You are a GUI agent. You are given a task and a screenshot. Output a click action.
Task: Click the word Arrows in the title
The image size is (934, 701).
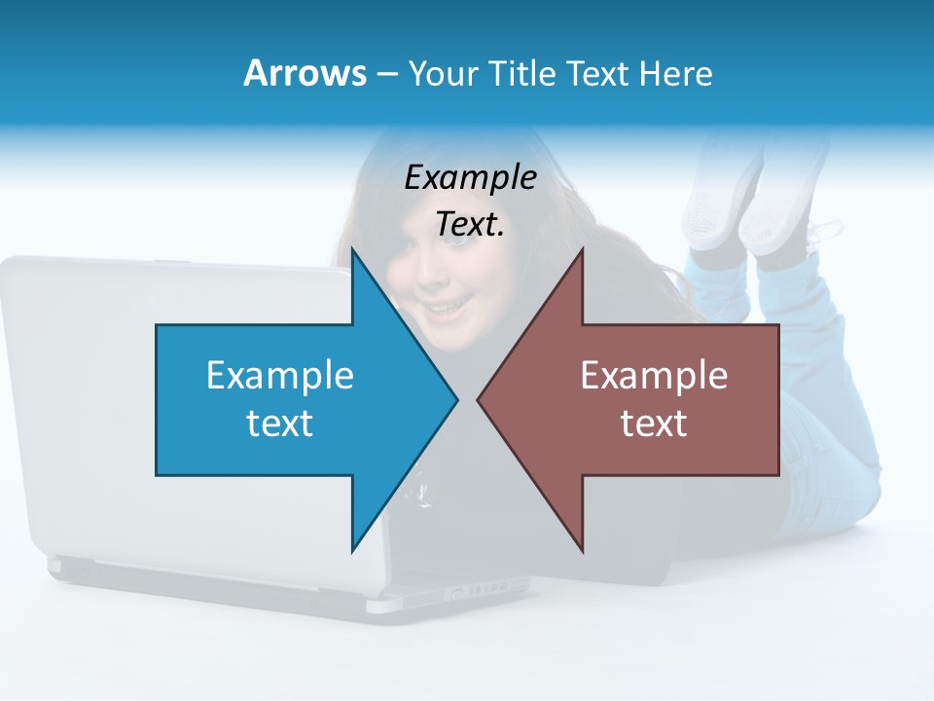(x=305, y=73)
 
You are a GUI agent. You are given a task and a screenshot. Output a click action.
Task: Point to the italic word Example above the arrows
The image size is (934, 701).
(x=470, y=177)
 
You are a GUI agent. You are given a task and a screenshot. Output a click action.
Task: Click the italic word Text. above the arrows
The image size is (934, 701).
(x=470, y=225)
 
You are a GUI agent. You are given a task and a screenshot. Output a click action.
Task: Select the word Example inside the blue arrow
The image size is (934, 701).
(x=280, y=376)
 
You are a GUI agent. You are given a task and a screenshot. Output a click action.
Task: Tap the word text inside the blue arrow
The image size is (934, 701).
(x=280, y=424)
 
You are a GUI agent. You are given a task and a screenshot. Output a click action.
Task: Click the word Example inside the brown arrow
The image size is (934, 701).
(x=654, y=376)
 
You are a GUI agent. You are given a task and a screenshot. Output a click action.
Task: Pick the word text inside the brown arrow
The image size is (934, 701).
(x=654, y=424)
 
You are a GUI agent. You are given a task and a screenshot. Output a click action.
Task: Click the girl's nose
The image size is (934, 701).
(x=435, y=285)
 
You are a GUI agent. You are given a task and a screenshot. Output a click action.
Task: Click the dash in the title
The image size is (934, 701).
(x=386, y=74)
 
